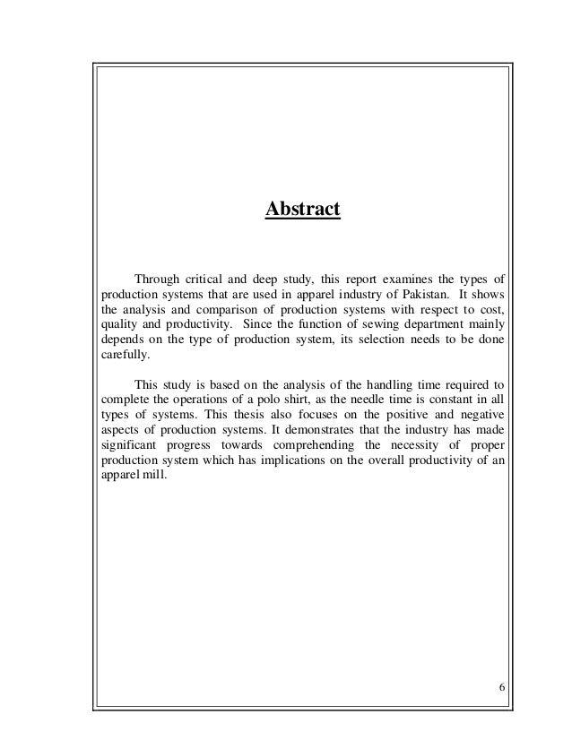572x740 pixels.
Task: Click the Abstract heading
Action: pos(303,211)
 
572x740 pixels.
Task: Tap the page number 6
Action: pos(501,687)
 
